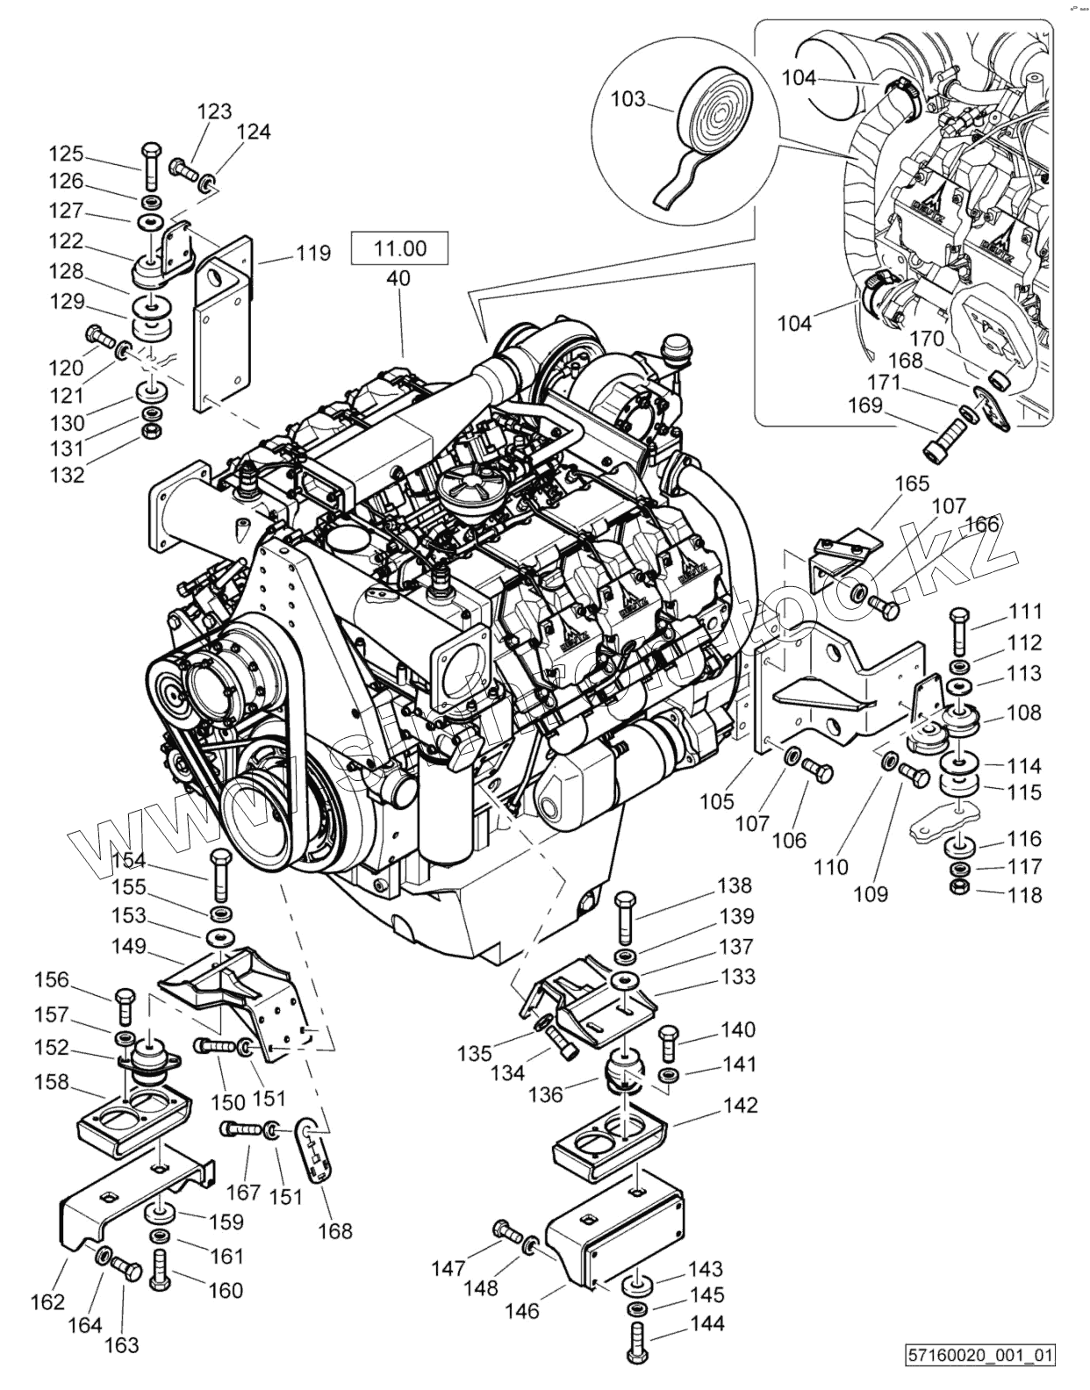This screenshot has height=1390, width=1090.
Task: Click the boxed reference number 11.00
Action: (399, 248)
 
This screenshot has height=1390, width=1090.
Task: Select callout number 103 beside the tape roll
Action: (627, 98)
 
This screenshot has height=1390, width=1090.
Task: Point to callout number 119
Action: (313, 254)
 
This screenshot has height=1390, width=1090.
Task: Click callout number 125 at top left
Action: (66, 154)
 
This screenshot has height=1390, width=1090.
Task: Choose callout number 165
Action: (911, 483)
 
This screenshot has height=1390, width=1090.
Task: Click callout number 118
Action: (1024, 895)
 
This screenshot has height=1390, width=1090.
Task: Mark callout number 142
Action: (740, 1105)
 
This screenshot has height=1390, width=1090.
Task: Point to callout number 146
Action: (521, 1311)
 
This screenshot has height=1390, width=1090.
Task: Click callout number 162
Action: (47, 1300)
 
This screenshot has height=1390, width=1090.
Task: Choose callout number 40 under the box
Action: (398, 278)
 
